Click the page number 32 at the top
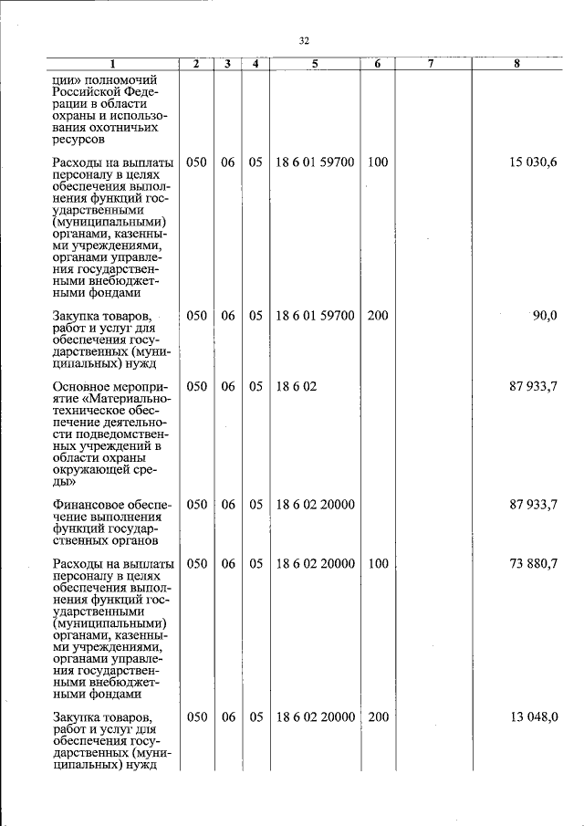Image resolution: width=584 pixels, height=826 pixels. pos(305,40)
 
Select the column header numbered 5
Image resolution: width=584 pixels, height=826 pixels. pos(315,64)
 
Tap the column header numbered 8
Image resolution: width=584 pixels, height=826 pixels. pos(516,64)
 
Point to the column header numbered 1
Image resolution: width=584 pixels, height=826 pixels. pos(113,64)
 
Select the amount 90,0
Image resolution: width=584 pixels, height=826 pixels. pos(544,316)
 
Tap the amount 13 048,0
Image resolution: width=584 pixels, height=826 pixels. pos(533,717)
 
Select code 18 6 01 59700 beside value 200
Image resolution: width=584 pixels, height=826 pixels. pos(315,316)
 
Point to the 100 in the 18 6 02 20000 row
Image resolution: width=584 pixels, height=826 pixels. pos(377,564)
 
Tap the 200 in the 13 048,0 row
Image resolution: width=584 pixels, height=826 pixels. pos(377,717)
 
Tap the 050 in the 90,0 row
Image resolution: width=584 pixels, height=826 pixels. pos(196,316)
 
